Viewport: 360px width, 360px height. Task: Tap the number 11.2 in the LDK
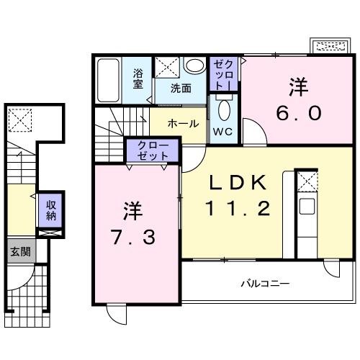click(240, 210)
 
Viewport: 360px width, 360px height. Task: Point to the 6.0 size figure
click(298, 112)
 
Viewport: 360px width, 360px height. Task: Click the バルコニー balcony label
click(264, 284)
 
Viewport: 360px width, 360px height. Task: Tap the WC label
click(222, 132)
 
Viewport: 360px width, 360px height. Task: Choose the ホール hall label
click(184, 123)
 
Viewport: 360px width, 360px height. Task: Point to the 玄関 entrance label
click(19, 251)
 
